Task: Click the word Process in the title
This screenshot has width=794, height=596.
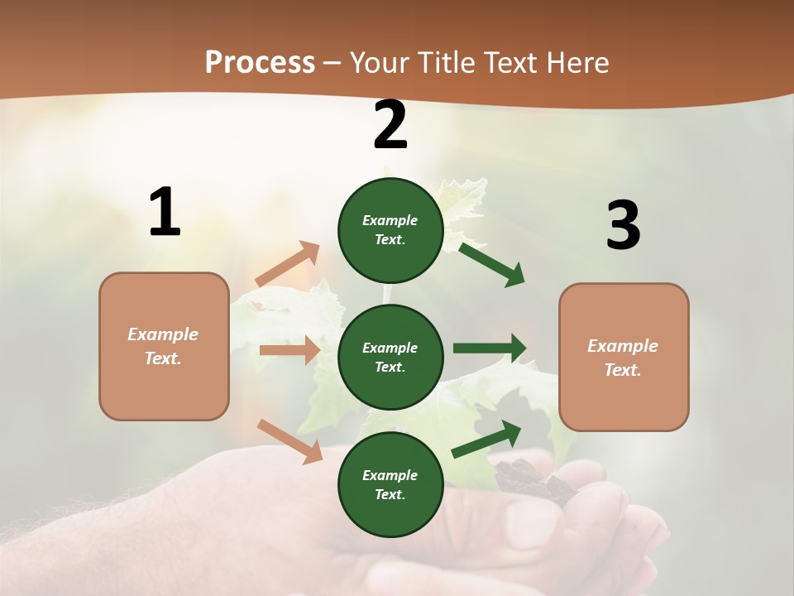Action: [260, 63]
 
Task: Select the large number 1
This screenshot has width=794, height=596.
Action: [165, 213]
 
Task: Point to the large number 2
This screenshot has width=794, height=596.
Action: [390, 126]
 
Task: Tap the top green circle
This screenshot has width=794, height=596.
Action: [390, 230]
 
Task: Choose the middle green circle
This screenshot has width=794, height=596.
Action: [390, 357]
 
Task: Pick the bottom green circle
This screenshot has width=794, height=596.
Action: [390, 484]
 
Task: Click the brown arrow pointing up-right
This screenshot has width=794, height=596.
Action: [288, 264]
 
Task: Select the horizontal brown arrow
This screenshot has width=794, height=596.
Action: [289, 350]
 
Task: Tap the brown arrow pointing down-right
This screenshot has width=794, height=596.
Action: [290, 441]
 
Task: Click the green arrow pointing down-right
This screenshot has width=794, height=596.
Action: [492, 264]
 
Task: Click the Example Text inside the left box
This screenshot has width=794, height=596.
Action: [163, 346]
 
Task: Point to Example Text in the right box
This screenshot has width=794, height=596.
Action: [623, 358]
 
